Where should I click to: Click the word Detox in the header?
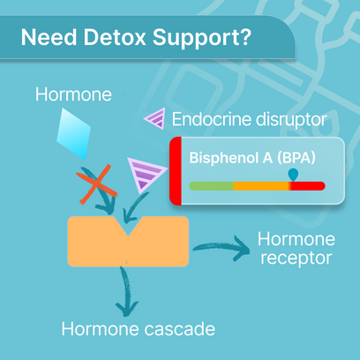(115, 37)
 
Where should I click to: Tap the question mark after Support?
(245, 37)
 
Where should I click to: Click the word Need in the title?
(49, 37)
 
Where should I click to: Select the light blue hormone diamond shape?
(73, 134)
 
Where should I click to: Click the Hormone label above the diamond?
(73, 94)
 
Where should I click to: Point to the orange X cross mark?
(96, 184)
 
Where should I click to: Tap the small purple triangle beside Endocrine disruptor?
(155, 118)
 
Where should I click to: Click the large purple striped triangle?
(146, 174)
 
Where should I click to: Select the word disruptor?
(291, 119)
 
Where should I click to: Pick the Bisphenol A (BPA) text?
(252, 158)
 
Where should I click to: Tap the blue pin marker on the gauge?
(293, 175)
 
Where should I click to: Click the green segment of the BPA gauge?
(212, 186)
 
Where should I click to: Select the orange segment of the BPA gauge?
(261, 186)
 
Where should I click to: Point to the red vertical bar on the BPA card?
(176, 171)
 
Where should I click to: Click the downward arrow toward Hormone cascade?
(127, 291)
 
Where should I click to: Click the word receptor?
(296, 259)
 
